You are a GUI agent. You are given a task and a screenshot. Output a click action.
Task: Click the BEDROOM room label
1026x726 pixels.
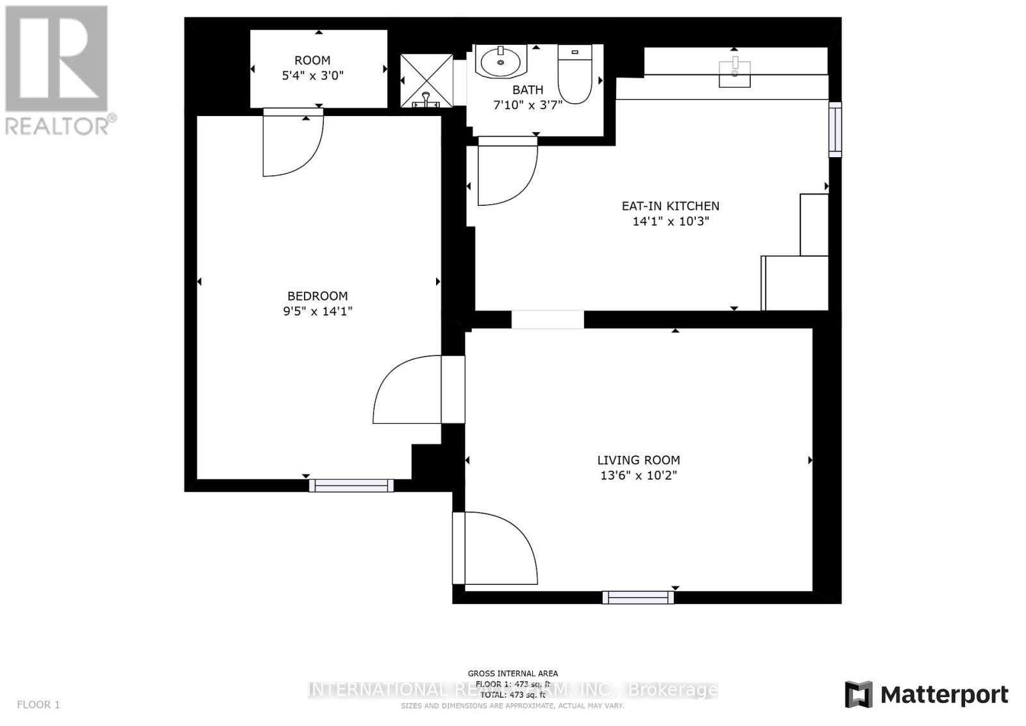point(317,296)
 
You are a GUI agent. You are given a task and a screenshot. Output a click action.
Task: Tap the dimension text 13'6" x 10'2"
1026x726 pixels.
point(638,475)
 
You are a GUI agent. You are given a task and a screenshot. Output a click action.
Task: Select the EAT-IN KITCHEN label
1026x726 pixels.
point(670,206)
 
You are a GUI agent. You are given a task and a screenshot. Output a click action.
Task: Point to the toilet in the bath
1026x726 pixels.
point(574,74)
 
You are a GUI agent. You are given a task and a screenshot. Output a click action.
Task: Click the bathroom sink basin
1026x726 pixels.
point(501,62)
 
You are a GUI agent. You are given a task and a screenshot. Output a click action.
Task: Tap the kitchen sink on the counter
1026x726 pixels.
point(734,72)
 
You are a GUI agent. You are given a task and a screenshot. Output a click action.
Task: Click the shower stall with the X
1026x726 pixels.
point(426,80)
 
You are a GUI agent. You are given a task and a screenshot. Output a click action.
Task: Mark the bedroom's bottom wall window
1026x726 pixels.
point(351,485)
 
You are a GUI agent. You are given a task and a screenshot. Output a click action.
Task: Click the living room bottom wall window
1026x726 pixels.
point(638,597)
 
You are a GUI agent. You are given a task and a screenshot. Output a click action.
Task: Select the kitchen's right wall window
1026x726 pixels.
point(834,129)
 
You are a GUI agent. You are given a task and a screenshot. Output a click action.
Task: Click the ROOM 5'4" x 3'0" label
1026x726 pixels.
point(312,67)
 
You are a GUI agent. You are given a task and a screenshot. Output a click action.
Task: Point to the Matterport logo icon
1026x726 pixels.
point(859,695)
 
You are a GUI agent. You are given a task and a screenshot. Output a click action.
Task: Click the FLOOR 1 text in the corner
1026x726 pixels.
point(38,705)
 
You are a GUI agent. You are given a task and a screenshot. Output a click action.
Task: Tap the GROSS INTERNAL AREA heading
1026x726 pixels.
point(512,673)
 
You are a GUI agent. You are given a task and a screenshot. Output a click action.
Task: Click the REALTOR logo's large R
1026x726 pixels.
point(56,59)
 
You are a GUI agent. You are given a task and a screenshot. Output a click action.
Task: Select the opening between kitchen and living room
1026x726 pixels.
point(548,319)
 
